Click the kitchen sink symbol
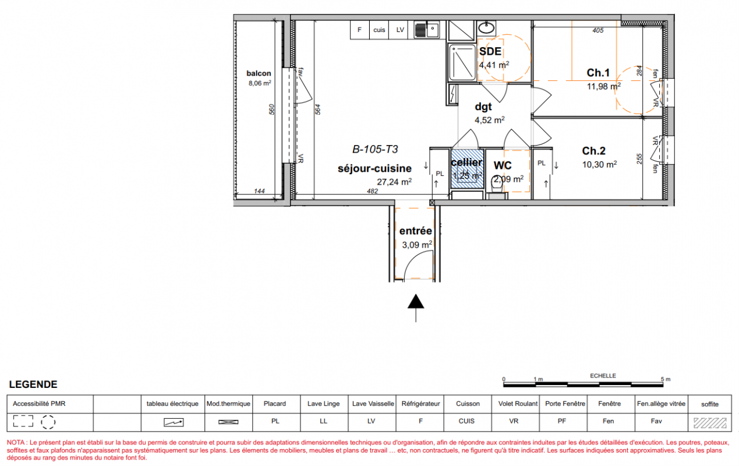click(427, 30)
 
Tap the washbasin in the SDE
click(487, 27)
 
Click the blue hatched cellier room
click(467, 169)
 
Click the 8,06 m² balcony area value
click(260, 83)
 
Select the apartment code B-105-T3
click(375, 150)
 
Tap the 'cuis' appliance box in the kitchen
click(379, 30)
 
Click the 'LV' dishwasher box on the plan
click(400, 30)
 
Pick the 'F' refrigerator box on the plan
click(360, 30)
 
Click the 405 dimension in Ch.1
click(598, 30)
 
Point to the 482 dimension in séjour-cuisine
click(372, 191)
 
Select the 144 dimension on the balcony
click(259, 191)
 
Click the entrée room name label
click(416, 231)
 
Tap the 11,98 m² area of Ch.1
click(604, 86)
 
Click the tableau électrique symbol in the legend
click(174, 422)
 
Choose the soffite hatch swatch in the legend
click(710, 423)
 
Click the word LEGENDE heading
click(33, 384)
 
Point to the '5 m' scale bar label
click(666, 379)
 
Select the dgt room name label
click(483, 107)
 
